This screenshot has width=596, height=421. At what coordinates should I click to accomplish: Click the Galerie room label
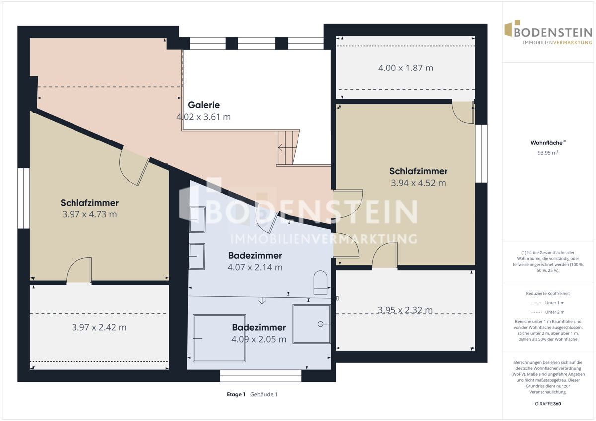coord(204,105)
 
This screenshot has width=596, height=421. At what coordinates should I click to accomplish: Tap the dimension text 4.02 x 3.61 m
coord(204,117)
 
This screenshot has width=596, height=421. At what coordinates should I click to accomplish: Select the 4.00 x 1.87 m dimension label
coord(406,68)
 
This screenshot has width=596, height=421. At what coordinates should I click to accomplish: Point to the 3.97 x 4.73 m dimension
coord(89,214)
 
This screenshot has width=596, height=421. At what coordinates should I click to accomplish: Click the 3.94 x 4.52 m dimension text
coord(418,183)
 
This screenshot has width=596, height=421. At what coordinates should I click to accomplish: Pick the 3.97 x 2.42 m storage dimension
coord(99,327)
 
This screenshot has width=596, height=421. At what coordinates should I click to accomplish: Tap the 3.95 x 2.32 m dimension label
coord(405,310)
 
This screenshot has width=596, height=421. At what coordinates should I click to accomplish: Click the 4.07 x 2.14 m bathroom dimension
coord(255,267)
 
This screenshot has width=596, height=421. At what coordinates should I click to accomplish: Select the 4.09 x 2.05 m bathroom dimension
coord(259,339)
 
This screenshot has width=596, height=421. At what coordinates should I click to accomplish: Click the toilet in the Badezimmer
coord(321,282)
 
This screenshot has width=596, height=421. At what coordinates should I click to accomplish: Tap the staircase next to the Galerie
coord(288,147)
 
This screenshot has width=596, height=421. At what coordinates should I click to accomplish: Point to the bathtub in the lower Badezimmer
coord(220,338)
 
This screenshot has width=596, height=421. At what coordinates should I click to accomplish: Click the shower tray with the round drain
coord(311,324)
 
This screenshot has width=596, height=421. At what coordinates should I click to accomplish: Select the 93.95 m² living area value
coord(548,153)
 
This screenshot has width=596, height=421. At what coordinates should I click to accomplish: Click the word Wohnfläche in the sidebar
coord(546,143)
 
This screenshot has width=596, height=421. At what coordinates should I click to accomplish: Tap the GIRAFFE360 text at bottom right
coord(548,404)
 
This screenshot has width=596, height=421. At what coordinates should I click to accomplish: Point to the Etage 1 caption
coord(236,394)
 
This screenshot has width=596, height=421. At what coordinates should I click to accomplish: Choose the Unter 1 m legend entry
coord(548,303)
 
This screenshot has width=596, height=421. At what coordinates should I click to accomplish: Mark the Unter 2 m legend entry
coord(548,312)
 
